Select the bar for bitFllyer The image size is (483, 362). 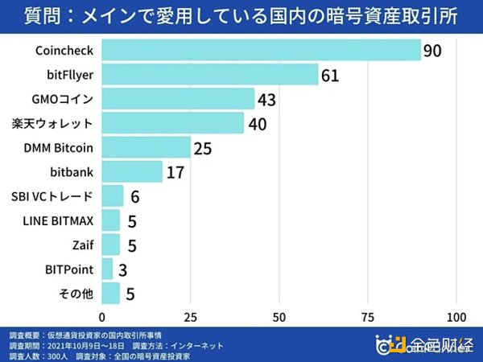pos(210,75)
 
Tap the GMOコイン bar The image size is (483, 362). pos(178,99)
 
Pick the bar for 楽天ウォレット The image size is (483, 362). pos(172,123)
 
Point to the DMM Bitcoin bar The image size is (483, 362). pos(146,147)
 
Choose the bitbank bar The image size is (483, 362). pos(132,171)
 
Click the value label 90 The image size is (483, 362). pos(432,51)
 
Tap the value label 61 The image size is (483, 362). pos(329,76)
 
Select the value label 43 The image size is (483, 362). pos(266,100)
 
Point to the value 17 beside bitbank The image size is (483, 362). pos(175,172)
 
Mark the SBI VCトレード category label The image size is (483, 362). pos(52,195)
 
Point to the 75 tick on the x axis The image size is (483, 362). pos(369,315)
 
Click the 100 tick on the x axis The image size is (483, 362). pos(456,315)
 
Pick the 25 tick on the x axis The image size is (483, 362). pos(191,315)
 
